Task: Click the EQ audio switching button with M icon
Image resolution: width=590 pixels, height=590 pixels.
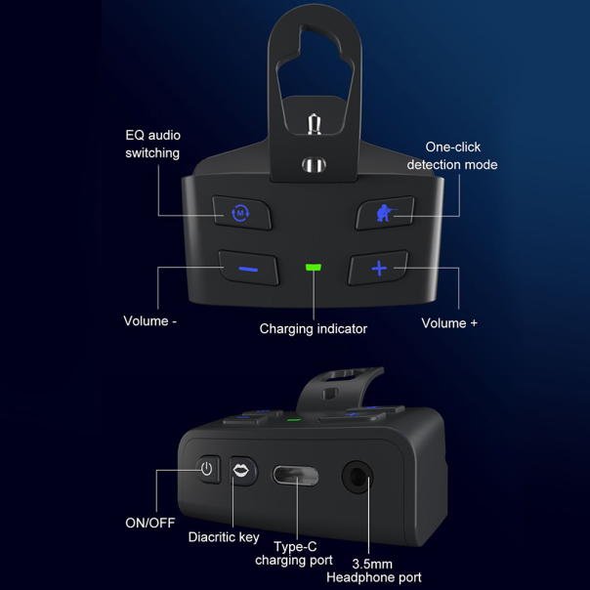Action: tap(242, 213)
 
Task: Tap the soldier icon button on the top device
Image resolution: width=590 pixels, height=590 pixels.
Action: tap(385, 213)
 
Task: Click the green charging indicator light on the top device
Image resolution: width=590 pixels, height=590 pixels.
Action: tap(313, 267)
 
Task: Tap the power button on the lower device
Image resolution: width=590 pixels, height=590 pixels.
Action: tap(207, 469)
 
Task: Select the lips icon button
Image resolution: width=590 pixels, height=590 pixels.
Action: tap(242, 471)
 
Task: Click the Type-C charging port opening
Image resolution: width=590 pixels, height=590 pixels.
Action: tap(296, 476)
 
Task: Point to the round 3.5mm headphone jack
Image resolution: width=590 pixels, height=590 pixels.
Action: tap(358, 477)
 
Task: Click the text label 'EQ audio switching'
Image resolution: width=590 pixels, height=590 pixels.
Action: tap(152, 145)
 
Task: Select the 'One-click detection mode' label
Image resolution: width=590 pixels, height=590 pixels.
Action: tap(452, 155)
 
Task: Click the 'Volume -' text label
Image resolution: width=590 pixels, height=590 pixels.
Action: tap(150, 321)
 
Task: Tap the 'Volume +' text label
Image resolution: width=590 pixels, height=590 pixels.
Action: tap(449, 323)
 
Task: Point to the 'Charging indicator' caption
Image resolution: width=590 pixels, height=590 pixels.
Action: tap(313, 329)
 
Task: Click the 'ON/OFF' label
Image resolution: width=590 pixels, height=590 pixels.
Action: tap(150, 523)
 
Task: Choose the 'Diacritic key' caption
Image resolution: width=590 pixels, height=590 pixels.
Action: tap(224, 537)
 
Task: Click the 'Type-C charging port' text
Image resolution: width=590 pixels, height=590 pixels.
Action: tap(294, 554)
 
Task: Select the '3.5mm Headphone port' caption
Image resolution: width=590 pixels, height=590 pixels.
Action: tap(374, 570)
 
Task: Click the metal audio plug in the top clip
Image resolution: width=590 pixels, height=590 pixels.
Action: tap(314, 124)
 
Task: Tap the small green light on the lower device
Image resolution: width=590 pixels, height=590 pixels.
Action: tap(294, 420)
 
